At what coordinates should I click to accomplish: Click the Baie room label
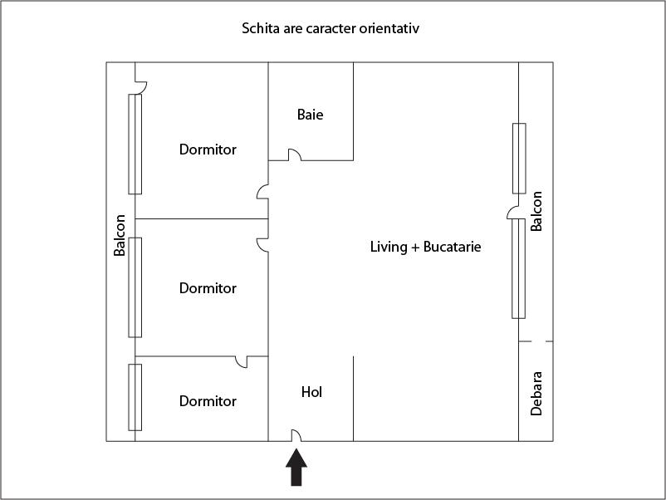310,115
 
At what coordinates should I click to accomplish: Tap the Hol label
311,392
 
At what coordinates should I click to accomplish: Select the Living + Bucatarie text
426,247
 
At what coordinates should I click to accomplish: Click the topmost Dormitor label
208,150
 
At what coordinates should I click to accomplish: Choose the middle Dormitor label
208,288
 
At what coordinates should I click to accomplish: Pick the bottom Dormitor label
208,401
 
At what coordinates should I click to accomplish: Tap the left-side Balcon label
120,235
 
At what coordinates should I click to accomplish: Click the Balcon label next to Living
536,211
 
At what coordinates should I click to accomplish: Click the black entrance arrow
296,467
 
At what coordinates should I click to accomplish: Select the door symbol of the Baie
294,154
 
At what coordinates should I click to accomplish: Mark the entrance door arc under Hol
295,435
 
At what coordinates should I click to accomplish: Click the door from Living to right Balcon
513,213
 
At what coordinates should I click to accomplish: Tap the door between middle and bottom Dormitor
242,361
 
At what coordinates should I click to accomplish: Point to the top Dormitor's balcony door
140,86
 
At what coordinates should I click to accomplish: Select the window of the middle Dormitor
135,287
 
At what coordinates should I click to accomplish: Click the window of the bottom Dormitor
135,397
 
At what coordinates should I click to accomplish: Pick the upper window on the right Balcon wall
519,158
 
